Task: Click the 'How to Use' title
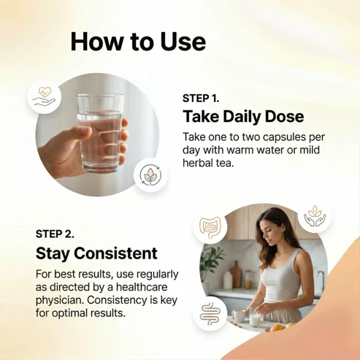pyautogui.click(x=138, y=42)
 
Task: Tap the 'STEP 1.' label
pyautogui.click(x=201, y=99)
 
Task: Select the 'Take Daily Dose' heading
pyautogui.click(x=243, y=116)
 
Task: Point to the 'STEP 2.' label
pyautogui.click(x=55, y=234)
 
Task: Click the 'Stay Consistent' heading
pyautogui.click(x=96, y=253)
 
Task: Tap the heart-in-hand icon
pyautogui.click(x=44, y=96)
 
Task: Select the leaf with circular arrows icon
pyautogui.click(x=150, y=175)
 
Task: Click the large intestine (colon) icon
pyautogui.click(x=210, y=228)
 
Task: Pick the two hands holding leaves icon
pyautogui.click(x=315, y=215)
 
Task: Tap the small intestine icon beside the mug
pyautogui.click(x=210, y=314)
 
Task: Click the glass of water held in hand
pyautogui.click(x=100, y=134)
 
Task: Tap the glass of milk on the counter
pyautogui.click(x=255, y=317)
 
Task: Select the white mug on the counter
pyautogui.click(x=239, y=315)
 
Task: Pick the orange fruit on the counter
pyautogui.click(x=277, y=328)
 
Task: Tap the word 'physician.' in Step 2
pyautogui.click(x=60, y=300)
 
